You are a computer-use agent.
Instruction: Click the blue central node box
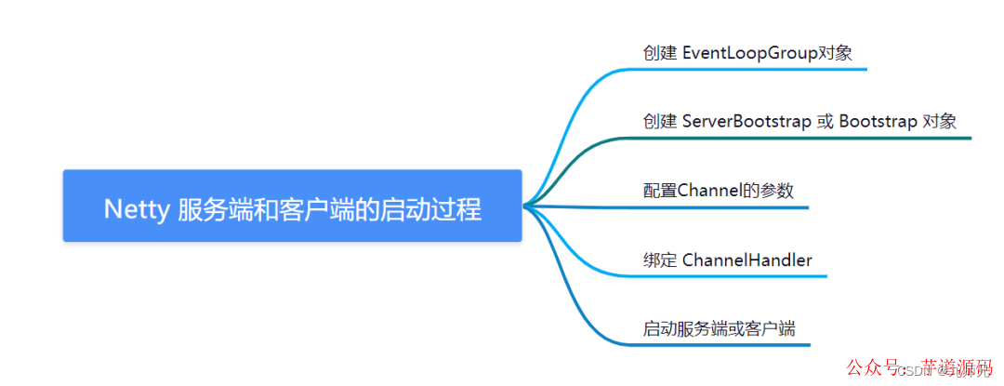pyautogui.click(x=292, y=206)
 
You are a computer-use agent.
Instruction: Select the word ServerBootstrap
pyautogui.click(x=746, y=121)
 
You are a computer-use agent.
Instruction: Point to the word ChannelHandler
pyautogui.click(x=746, y=260)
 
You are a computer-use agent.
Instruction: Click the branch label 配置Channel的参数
pyautogui.click(x=719, y=191)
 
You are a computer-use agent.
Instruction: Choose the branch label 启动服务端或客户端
pyautogui.click(x=719, y=328)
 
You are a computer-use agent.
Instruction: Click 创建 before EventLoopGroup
pyautogui.click(x=660, y=52)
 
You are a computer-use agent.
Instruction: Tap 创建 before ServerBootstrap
pyautogui.click(x=660, y=121)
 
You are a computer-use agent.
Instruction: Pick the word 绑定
pyautogui.click(x=660, y=260)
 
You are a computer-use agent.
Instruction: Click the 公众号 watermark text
pyautogui.click(x=878, y=366)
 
